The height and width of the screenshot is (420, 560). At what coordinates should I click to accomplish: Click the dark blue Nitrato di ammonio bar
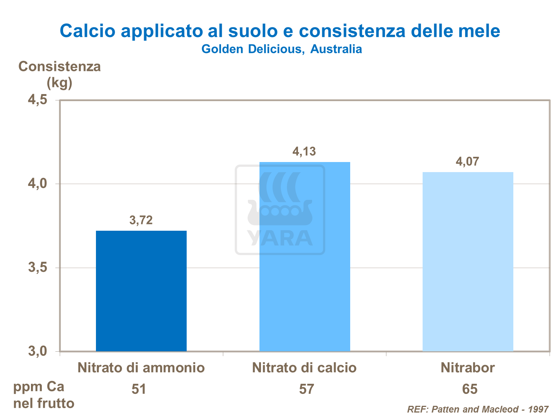coord(141,291)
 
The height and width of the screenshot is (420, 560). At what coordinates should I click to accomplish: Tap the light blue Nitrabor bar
coord(468,261)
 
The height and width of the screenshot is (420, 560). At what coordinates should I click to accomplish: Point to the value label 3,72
coord(141,220)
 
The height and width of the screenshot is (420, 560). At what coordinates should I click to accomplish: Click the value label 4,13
coord(304,152)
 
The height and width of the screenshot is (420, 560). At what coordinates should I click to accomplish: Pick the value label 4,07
coord(467,162)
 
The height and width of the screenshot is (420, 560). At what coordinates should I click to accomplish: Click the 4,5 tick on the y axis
coord(38,100)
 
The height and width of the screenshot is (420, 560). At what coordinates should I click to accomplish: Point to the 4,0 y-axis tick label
coord(38,184)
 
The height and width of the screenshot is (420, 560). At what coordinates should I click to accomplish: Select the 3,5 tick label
coord(38,268)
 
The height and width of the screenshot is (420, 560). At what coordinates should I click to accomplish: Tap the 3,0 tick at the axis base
coord(38,351)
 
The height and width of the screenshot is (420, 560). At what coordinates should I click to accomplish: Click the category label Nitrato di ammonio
coord(141,368)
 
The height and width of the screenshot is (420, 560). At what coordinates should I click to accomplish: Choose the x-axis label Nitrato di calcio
coord(304,368)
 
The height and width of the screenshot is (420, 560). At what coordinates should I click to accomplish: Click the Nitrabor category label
coord(468,368)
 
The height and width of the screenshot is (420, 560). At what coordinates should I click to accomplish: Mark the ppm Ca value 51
coord(139,389)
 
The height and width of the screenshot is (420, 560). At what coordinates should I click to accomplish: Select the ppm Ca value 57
coord(307,389)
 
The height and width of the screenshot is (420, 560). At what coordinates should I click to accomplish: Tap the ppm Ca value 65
coord(470,389)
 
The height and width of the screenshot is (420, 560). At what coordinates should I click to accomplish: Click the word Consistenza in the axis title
coord(60,66)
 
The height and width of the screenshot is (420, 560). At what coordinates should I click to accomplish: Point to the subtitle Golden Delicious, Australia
coord(281,49)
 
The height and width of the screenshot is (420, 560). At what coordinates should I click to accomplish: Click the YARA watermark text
coord(280,238)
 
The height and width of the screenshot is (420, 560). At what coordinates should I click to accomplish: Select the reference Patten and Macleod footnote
coord(478,409)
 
